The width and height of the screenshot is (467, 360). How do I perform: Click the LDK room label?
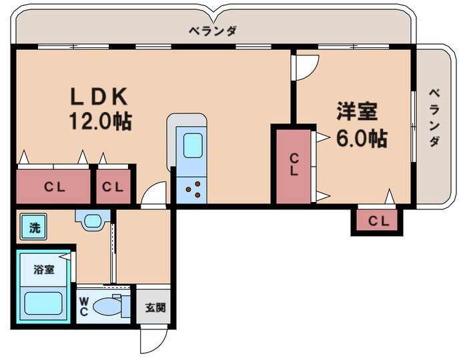[x=99, y=97]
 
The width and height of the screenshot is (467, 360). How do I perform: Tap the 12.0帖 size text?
[x=99, y=121]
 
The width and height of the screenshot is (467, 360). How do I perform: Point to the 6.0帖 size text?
[x=361, y=138]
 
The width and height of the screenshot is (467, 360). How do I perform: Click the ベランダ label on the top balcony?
[x=212, y=31]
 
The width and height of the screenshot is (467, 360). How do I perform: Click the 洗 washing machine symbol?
[x=33, y=227]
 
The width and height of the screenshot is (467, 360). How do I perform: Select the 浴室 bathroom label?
[x=44, y=270]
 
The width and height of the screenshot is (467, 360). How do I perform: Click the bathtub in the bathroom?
[x=44, y=303]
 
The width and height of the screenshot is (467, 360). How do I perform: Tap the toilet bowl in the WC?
[x=107, y=306]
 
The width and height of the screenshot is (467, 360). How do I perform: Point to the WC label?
[x=85, y=306]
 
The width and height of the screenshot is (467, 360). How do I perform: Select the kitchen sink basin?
[x=192, y=145]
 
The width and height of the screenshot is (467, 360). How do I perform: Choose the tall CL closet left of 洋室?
[x=294, y=165]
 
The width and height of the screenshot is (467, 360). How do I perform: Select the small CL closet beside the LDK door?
[x=113, y=187]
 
